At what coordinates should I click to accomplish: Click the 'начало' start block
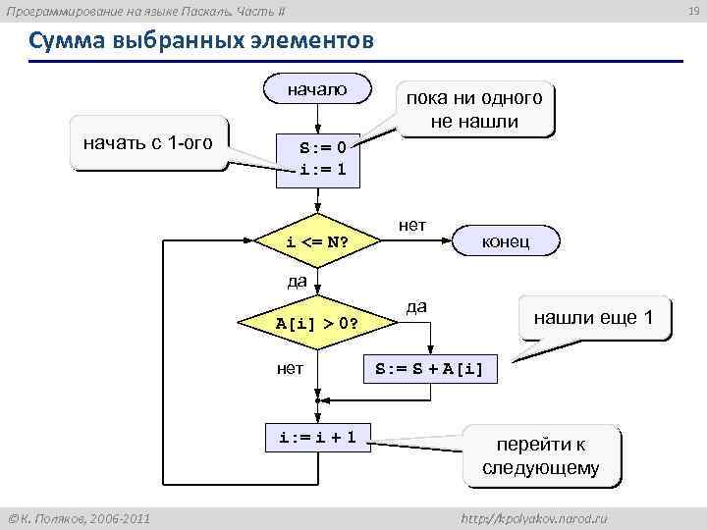pyautogui.click(x=316, y=90)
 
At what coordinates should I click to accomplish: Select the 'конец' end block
pyautogui.click(x=506, y=241)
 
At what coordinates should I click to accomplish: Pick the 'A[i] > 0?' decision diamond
pyautogui.click(x=316, y=323)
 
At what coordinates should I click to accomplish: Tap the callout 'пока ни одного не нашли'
pyautogui.click(x=473, y=110)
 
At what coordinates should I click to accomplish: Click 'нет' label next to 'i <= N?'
pyautogui.click(x=412, y=225)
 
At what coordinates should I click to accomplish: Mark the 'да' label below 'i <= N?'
pyautogui.click(x=297, y=282)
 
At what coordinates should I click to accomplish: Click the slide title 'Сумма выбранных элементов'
pyautogui.click(x=201, y=43)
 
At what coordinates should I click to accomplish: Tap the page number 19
pyautogui.click(x=692, y=11)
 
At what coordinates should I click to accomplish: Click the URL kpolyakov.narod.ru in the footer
pyautogui.click(x=533, y=517)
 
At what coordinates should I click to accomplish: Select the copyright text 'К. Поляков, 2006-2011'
pyautogui.click(x=79, y=517)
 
